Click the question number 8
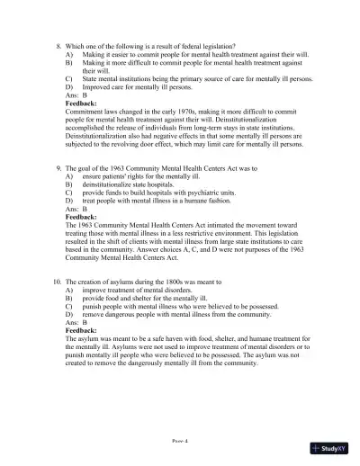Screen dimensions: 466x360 58,46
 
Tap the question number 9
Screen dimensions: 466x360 58,168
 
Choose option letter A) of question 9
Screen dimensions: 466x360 70,177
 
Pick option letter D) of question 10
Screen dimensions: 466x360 70,317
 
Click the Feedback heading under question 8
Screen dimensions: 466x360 85,104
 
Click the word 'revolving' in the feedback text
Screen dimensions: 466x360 130,144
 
